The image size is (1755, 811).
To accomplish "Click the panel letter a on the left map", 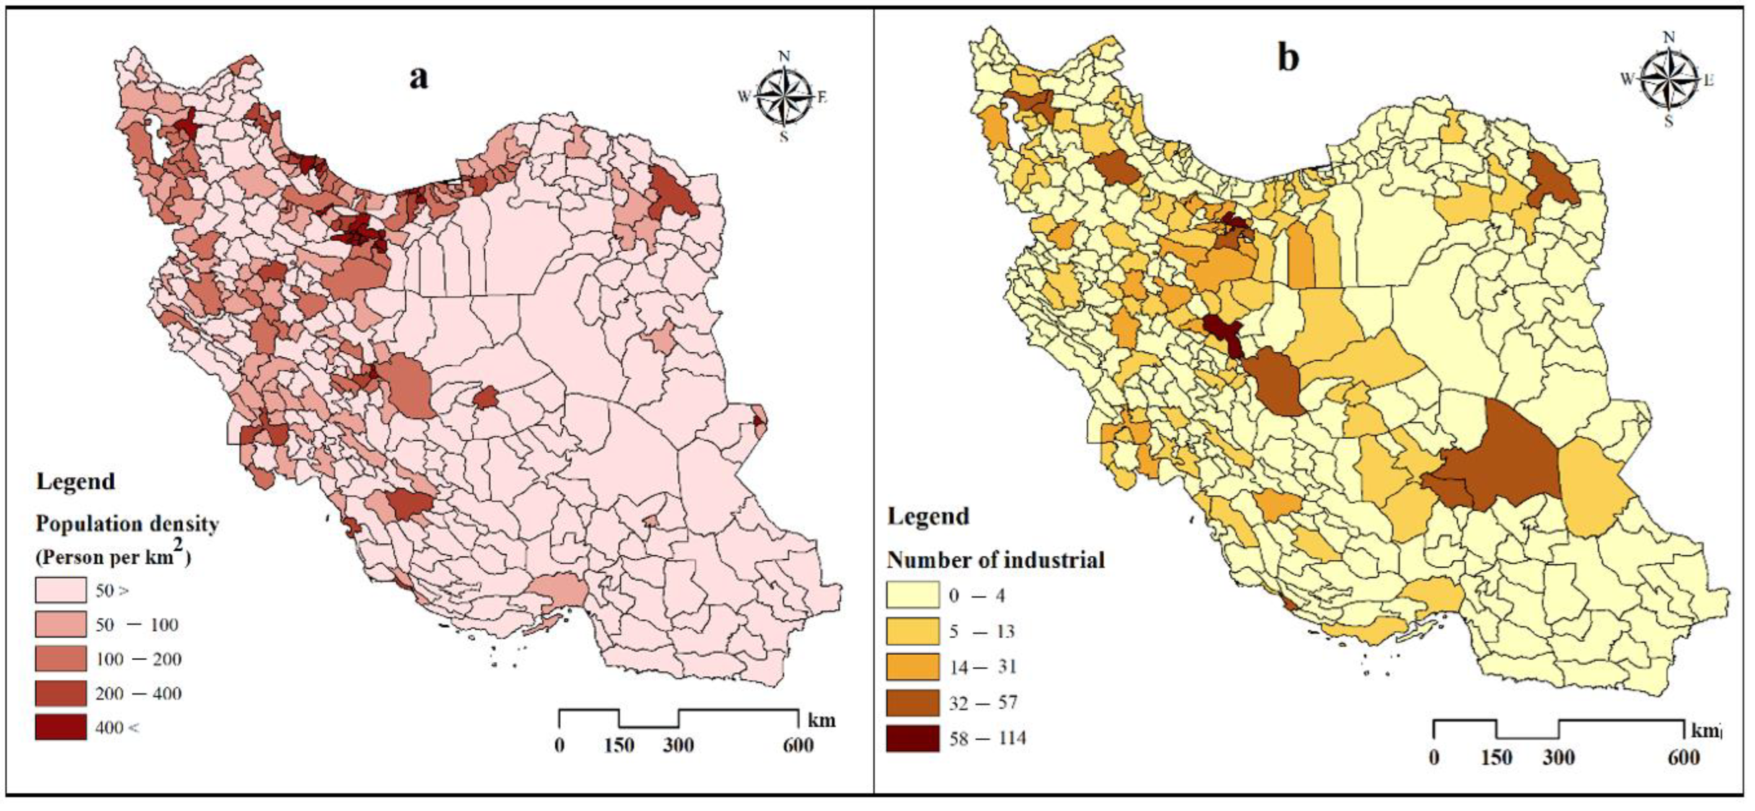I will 418,77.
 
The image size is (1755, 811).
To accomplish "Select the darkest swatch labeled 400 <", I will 61,727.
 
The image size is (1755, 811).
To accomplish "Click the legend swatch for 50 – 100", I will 61,624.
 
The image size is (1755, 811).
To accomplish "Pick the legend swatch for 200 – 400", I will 61,692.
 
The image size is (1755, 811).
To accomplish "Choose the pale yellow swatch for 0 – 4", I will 912,595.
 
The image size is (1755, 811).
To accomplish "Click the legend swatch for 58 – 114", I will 912,738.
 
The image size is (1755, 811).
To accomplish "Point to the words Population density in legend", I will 127,524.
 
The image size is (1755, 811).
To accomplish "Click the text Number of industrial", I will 995,560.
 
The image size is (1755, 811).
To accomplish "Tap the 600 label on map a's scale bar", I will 798,745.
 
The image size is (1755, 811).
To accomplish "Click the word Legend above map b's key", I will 928,516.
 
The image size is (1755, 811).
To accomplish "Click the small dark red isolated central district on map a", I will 486,397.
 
